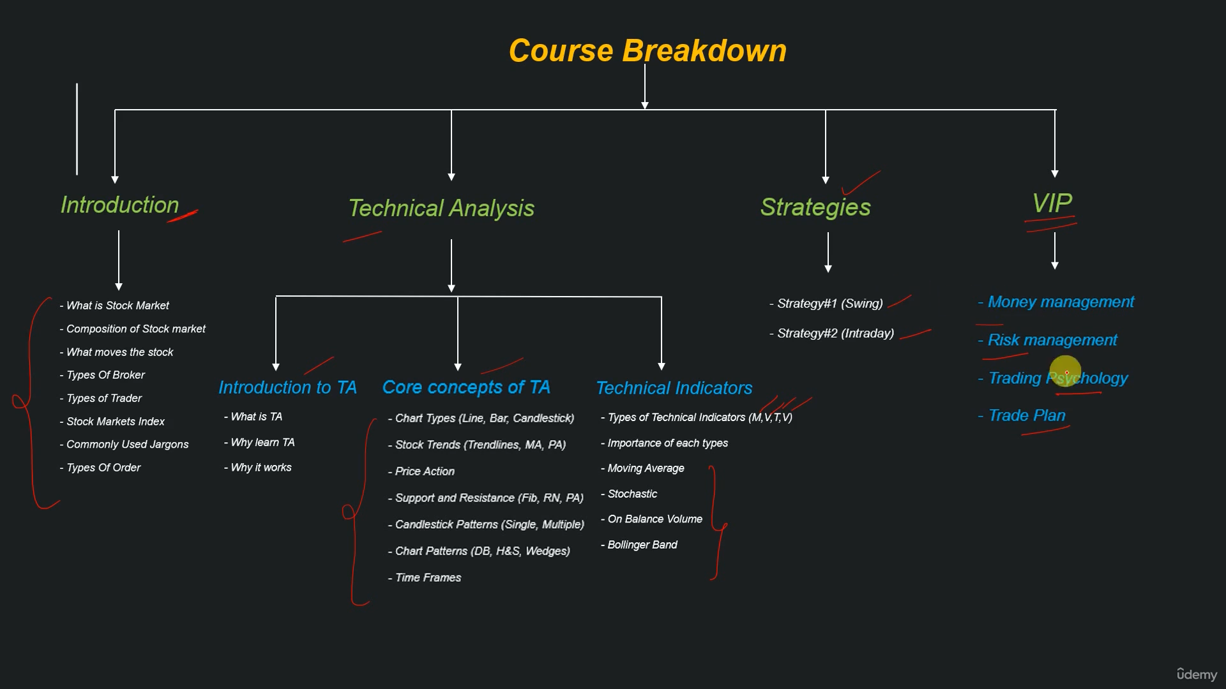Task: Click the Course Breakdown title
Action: point(647,50)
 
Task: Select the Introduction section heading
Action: point(119,205)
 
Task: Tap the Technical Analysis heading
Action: point(441,208)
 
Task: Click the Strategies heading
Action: point(815,207)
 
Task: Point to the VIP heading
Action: point(1052,204)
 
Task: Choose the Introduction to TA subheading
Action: point(287,387)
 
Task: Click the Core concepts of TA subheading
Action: point(466,387)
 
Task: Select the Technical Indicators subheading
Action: point(674,388)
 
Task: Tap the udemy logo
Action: point(1197,674)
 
